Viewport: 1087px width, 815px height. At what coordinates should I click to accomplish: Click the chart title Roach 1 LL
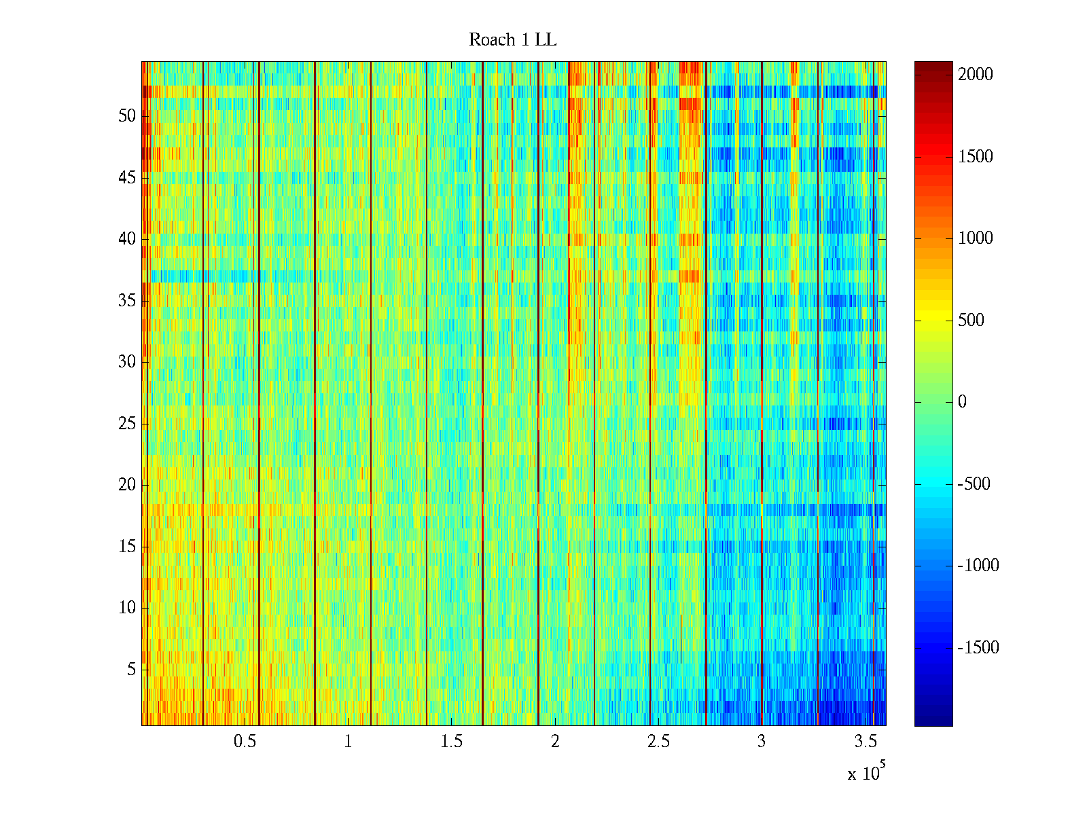[512, 40]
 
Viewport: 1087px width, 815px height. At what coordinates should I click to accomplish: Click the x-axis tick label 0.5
[245, 741]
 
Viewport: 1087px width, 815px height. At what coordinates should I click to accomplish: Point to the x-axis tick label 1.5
[451, 741]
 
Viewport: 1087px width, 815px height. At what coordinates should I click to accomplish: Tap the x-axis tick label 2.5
[658, 741]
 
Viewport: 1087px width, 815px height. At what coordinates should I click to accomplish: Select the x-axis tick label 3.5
[865, 741]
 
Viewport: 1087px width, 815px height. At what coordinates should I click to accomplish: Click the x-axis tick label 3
[762, 741]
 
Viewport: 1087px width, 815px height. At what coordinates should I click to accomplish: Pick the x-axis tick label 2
[555, 741]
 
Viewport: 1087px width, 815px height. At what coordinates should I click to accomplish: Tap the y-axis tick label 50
[127, 116]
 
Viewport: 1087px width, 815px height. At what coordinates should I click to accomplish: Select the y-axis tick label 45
[127, 178]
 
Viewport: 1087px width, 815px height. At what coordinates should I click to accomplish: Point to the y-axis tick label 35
[127, 301]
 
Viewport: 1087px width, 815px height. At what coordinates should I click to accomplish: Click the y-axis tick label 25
[127, 424]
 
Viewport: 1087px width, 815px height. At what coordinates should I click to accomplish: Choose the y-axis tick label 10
[127, 608]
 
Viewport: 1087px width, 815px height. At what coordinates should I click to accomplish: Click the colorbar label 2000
[976, 75]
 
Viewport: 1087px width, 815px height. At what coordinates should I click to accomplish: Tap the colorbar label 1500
[976, 157]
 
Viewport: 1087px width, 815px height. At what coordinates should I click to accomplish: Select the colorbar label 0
[962, 402]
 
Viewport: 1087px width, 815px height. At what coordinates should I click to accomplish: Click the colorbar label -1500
[978, 648]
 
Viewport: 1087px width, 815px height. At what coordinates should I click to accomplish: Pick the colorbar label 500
[971, 321]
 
